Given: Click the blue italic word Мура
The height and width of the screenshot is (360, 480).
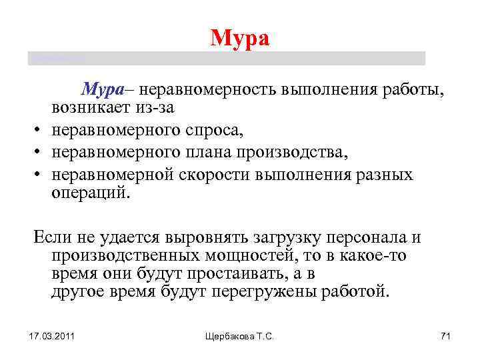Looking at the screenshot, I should (103, 89).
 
